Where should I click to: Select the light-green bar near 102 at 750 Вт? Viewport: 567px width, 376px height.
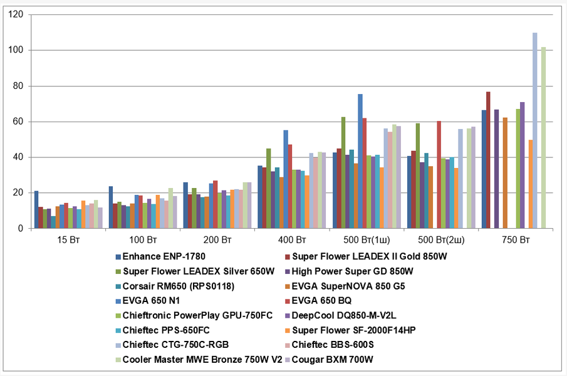pos(543,138)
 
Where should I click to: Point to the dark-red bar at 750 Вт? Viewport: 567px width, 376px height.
pos(488,160)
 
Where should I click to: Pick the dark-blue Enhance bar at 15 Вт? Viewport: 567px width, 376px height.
pos(36,210)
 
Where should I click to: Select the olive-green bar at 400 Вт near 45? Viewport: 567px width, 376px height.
pos(269,189)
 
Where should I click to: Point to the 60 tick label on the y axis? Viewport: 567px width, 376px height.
pos(19,122)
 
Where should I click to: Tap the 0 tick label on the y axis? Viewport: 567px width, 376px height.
pos(22,229)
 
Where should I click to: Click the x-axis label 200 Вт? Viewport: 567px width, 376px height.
pos(217,240)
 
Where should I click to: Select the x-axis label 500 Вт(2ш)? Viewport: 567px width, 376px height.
pos(440,240)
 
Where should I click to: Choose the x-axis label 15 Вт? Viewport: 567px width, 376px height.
pos(68,240)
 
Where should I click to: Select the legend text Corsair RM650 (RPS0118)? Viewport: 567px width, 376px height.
pos(172,285)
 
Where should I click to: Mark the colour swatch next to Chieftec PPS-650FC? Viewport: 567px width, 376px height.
pos(117,329)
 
